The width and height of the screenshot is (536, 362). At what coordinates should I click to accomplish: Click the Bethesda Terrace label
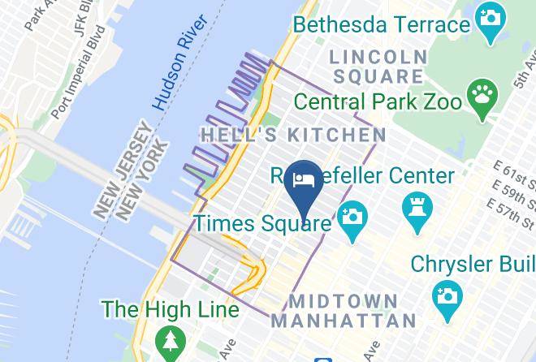click(382, 24)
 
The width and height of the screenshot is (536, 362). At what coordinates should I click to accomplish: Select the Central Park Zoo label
click(378, 102)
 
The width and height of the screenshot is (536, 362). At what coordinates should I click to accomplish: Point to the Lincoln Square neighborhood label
click(378, 67)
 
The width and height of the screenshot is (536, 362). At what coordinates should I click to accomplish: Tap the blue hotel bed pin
click(306, 181)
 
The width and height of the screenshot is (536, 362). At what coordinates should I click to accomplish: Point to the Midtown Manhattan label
click(344, 310)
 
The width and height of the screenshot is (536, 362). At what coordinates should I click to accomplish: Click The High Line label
click(170, 309)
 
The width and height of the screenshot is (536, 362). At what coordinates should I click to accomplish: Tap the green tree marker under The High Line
click(170, 341)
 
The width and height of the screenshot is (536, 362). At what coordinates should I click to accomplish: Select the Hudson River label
click(171, 73)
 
